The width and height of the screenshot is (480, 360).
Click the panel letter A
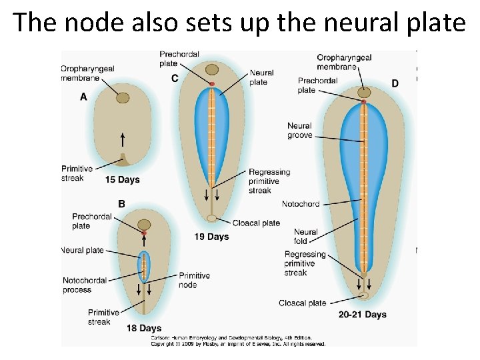(x=83, y=97)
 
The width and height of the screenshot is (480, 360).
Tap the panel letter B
(x=121, y=204)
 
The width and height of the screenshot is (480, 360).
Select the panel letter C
(x=175, y=79)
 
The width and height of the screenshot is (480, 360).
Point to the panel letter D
(x=395, y=83)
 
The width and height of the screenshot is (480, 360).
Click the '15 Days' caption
(x=123, y=179)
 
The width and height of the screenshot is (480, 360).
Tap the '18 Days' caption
(x=144, y=327)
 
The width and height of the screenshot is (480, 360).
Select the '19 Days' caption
(x=211, y=237)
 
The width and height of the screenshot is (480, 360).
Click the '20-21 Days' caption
(x=362, y=315)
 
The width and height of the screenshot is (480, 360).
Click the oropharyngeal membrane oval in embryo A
(x=123, y=98)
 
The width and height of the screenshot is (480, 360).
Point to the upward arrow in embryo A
(x=123, y=139)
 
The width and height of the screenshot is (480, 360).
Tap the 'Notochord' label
(x=301, y=204)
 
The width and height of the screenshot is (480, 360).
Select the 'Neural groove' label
(x=299, y=130)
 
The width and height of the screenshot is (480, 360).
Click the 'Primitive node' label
(x=194, y=280)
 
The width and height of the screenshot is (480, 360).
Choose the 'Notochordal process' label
(x=85, y=285)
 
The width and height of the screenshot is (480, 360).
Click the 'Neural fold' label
(x=306, y=237)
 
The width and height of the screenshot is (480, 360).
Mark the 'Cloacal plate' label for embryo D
(x=303, y=303)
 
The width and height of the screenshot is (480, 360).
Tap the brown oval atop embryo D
(x=363, y=91)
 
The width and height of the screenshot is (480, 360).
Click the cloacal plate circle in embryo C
(x=211, y=218)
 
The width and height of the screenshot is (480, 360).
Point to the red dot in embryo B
(x=143, y=233)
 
